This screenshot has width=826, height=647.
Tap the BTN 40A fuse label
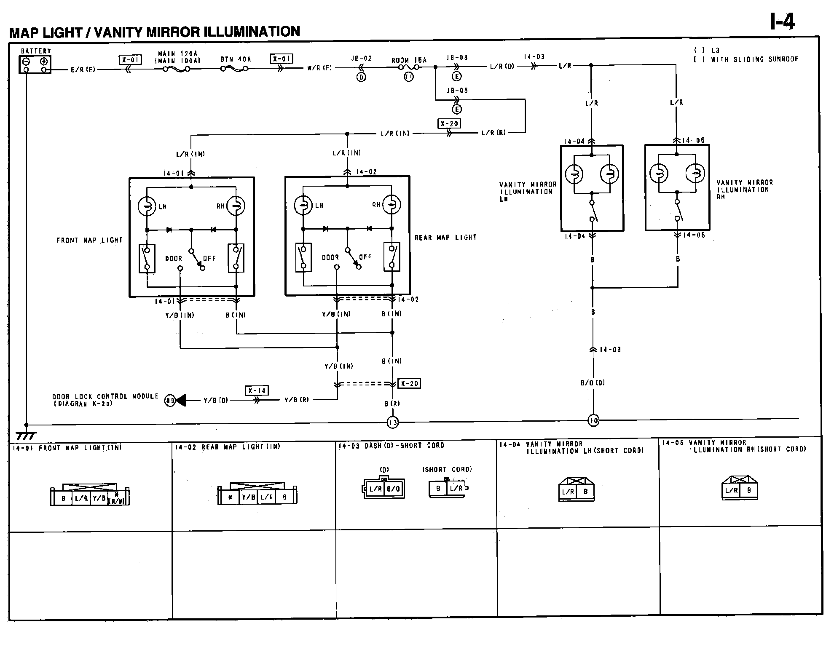(x=236, y=59)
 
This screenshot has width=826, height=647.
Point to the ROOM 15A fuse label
(x=408, y=60)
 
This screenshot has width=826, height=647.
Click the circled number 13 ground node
(x=392, y=422)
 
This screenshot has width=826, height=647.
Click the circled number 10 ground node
(x=593, y=420)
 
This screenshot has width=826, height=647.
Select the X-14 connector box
(x=257, y=390)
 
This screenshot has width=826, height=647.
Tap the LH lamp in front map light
(x=147, y=206)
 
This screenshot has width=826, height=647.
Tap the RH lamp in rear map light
(x=392, y=205)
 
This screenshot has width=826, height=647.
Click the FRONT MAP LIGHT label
(x=89, y=240)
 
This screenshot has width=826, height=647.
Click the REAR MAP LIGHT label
(x=445, y=238)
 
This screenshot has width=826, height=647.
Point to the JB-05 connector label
(x=457, y=91)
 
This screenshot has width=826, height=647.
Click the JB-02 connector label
(x=362, y=58)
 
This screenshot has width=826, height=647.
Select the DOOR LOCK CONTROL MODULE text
(x=105, y=396)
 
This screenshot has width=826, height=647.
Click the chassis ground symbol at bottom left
(x=26, y=435)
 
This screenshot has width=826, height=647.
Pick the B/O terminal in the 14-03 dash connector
(x=393, y=489)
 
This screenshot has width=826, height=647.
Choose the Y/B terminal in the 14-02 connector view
(x=248, y=497)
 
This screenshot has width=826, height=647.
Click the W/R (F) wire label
(x=319, y=67)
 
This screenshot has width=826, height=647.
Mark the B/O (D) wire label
(x=593, y=383)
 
